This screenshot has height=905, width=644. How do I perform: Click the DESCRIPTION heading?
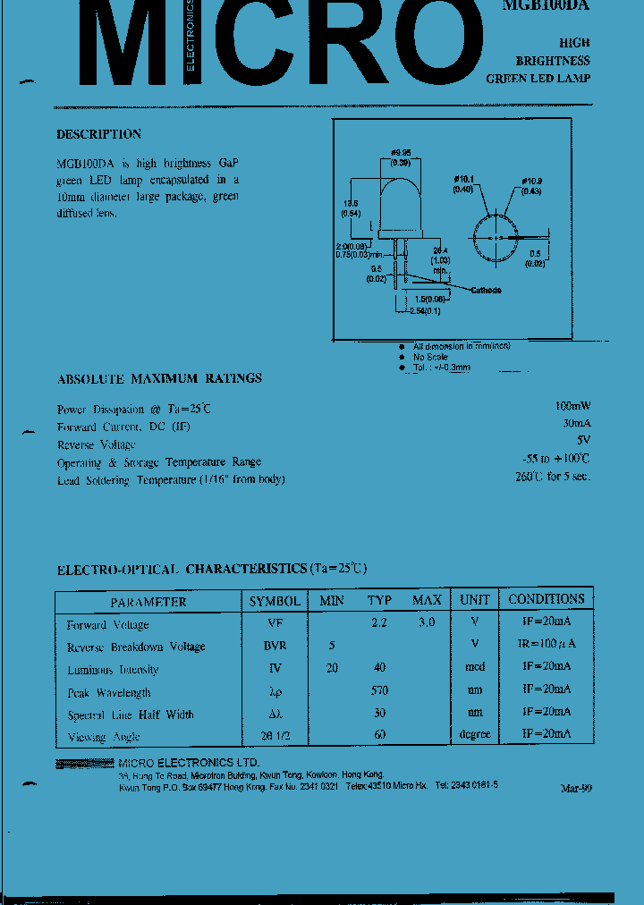tap(98, 134)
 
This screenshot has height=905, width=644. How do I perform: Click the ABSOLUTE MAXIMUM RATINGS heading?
tap(159, 378)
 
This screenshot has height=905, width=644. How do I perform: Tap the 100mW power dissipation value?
tap(572, 407)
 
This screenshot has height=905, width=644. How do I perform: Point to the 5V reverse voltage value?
tap(583, 441)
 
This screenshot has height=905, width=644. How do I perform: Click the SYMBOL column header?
tap(275, 601)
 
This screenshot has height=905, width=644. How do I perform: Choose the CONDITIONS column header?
tap(546, 599)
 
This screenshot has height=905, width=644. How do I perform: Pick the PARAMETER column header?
tap(148, 602)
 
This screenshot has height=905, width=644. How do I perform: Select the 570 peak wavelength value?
tap(379, 691)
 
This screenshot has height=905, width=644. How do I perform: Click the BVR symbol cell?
tap(275, 646)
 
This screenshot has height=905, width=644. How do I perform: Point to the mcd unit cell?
tap(475, 667)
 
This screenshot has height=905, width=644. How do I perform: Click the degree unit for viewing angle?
tap(474, 734)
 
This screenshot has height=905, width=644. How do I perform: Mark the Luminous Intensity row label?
tap(113, 670)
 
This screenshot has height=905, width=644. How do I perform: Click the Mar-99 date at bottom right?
tap(575, 788)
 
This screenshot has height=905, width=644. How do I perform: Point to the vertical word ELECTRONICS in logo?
tap(190, 36)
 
